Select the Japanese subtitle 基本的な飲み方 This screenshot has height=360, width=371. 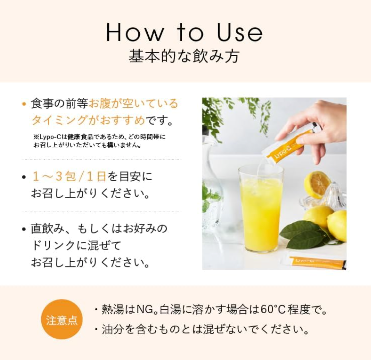click(184, 56)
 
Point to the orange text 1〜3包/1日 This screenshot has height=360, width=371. click(69, 176)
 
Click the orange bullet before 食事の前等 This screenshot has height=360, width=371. click(24, 104)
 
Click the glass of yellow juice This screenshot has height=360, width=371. click(261, 209)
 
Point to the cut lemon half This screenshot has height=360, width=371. click(317, 184)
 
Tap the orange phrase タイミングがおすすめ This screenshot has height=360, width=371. click(88, 121)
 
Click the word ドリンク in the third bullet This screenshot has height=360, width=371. click(53, 246)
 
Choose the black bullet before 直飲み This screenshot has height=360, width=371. click(24, 229)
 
